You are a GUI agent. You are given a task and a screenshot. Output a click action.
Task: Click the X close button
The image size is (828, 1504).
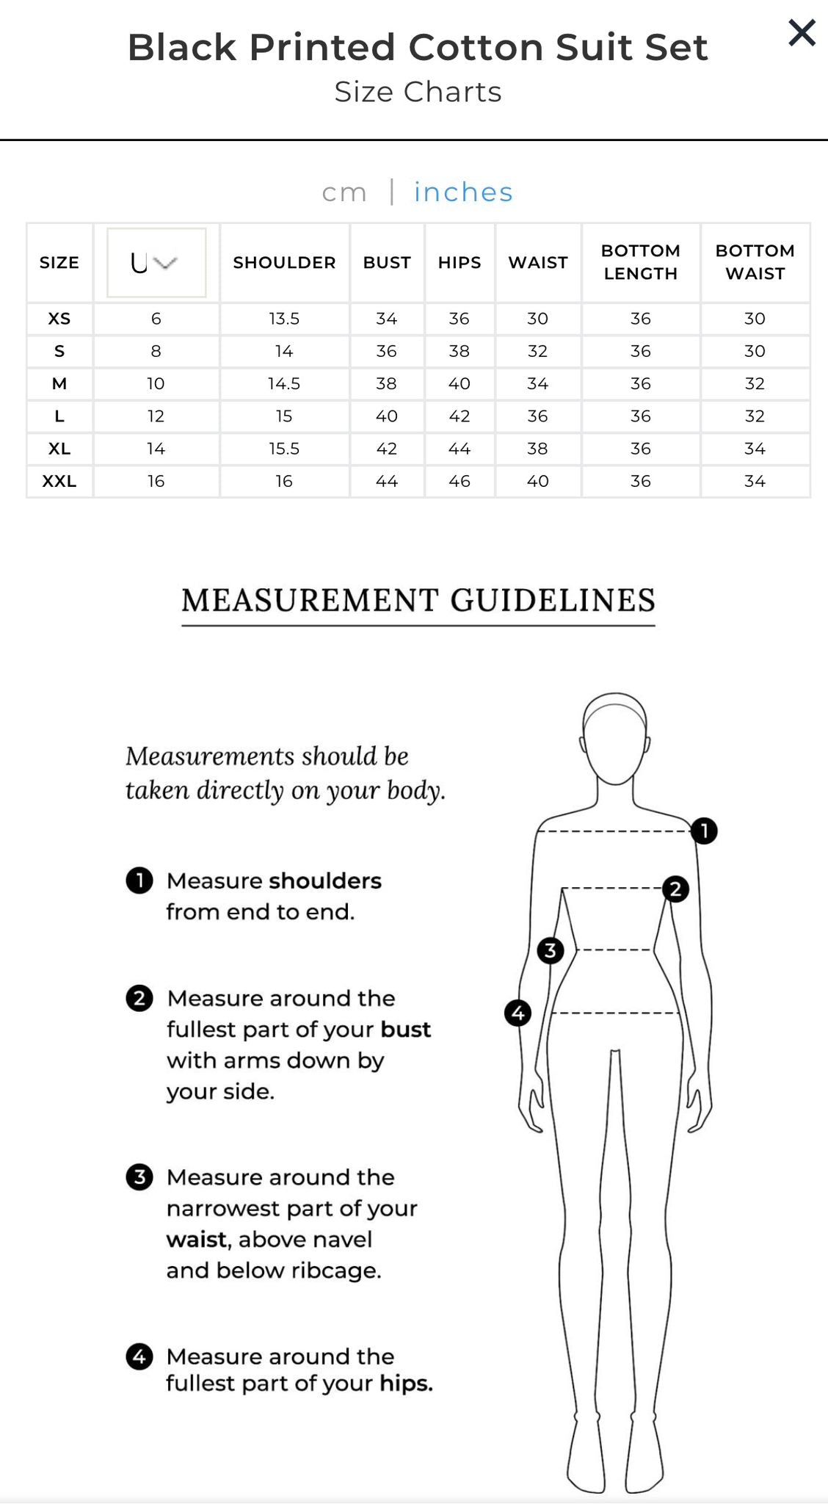802,33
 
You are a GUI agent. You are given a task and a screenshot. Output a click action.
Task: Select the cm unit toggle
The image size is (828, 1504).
344,192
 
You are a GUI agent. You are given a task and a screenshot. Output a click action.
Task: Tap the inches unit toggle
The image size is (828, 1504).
463,192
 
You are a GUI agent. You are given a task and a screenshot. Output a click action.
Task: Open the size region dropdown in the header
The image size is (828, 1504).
156,262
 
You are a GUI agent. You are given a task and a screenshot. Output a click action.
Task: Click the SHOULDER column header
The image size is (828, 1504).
284,262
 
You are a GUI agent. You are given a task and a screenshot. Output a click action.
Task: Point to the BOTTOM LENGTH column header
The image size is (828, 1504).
640,262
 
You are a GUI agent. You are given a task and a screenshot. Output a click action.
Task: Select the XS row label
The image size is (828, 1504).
59,319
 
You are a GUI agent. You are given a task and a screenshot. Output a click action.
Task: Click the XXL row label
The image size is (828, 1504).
59,481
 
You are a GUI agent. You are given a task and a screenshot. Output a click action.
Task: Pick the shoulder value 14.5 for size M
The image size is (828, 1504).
284,383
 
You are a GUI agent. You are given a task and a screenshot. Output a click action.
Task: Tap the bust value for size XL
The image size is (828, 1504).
386,449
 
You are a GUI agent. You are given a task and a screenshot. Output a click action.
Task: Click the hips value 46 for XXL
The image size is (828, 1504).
459,481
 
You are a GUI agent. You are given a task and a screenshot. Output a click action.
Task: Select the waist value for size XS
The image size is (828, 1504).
537,319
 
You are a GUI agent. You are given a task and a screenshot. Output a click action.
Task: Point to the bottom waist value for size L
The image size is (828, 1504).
755,416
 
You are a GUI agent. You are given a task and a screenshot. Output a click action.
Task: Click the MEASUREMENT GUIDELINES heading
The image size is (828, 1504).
418,601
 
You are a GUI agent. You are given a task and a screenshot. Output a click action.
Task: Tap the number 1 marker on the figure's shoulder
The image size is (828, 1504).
704,831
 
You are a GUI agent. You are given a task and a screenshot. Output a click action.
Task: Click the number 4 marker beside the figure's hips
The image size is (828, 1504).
518,1013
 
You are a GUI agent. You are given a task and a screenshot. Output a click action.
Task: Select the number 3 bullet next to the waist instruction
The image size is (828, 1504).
139,1177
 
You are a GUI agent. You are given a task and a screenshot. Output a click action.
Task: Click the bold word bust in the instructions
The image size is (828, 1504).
405,1030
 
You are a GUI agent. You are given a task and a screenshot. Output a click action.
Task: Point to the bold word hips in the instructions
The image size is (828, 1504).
406,1384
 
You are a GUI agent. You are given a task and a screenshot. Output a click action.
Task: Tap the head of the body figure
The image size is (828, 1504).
615,738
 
